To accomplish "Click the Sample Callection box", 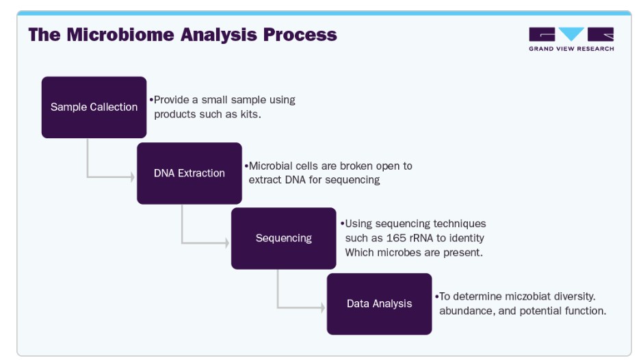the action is [94, 107].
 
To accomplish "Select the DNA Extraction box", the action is [189, 173].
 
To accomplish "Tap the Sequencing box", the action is [284, 238].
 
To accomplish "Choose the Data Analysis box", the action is [380, 304].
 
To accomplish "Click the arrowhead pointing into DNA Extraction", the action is [133, 177].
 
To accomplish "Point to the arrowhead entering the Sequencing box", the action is [227, 242].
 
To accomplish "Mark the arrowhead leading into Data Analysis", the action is [323, 307].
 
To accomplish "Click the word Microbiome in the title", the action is [120, 34].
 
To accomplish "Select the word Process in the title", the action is [300, 34].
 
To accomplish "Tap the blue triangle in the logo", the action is [571, 33].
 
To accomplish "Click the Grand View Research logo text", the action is [571, 49].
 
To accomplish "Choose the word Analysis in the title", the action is [219, 36].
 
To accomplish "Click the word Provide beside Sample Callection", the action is [172, 100].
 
